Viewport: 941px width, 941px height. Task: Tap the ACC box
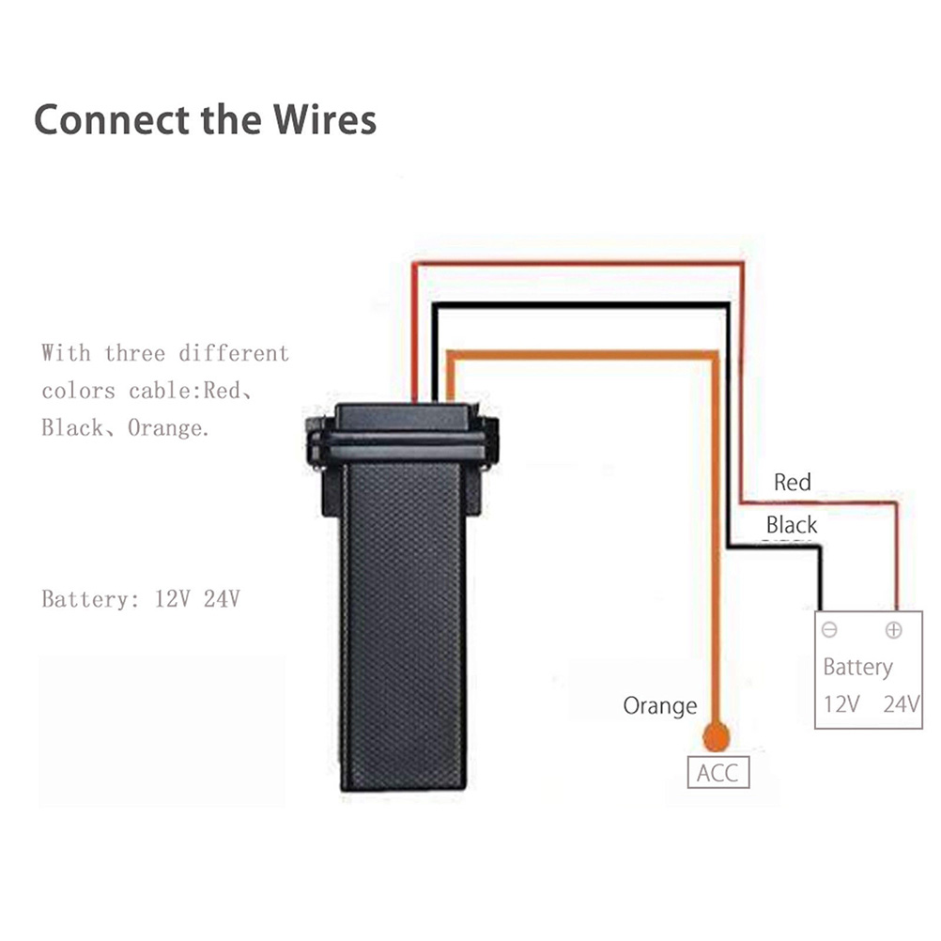pyautogui.click(x=718, y=773)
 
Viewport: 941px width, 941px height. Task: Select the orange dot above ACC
pyautogui.click(x=717, y=736)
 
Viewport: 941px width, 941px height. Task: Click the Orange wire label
pyautogui.click(x=660, y=705)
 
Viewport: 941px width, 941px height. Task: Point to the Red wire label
pyautogui.click(x=792, y=483)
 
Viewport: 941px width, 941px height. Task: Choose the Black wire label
pyautogui.click(x=792, y=524)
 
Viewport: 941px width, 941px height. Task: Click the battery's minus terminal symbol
pyautogui.click(x=829, y=630)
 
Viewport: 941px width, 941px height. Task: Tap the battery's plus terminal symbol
pyautogui.click(x=893, y=630)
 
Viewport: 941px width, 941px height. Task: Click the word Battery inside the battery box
pyautogui.click(x=857, y=667)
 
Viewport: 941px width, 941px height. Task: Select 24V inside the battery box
pyautogui.click(x=902, y=703)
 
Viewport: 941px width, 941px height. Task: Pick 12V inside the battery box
pyautogui.click(x=841, y=703)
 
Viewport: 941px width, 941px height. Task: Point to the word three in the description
pyautogui.click(x=135, y=354)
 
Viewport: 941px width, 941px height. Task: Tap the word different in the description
pyautogui.click(x=234, y=354)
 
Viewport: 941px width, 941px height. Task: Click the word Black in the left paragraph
pyautogui.click(x=71, y=428)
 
